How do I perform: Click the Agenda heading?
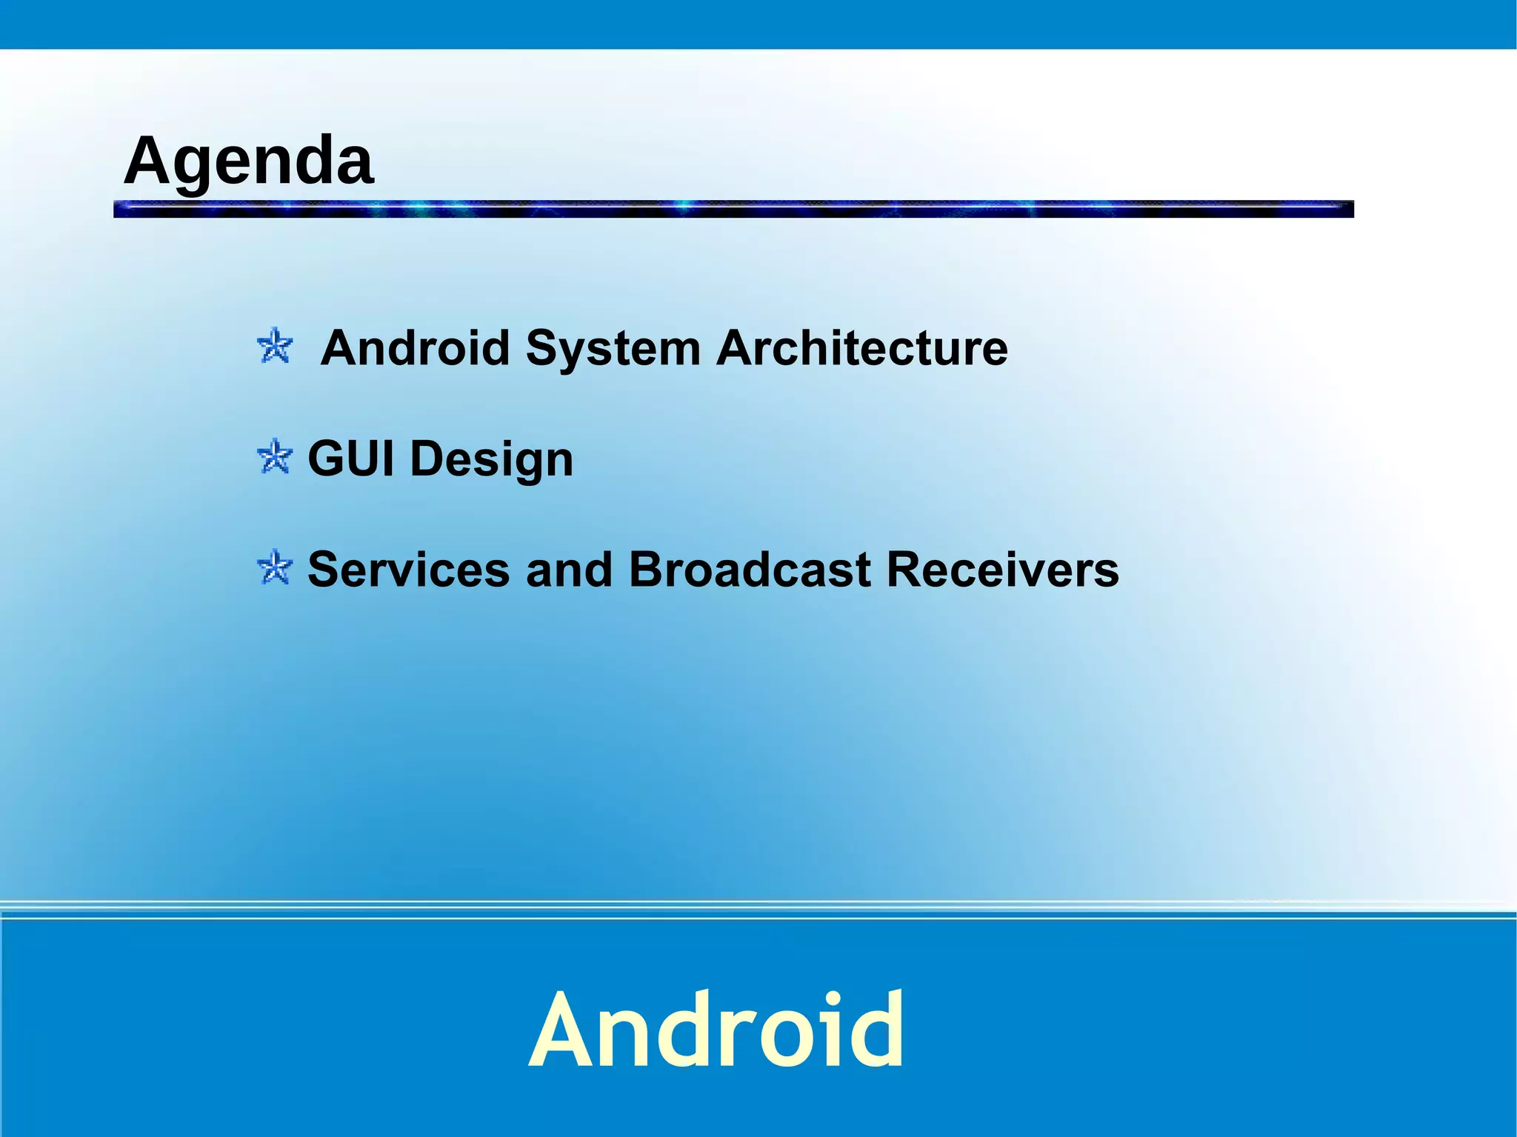click(x=248, y=161)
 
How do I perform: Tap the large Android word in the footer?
click(x=716, y=1030)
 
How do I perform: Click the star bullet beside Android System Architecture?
click(x=275, y=346)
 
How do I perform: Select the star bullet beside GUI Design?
click(x=275, y=456)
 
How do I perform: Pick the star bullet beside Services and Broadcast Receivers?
click(x=275, y=567)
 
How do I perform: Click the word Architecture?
click(x=861, y=347)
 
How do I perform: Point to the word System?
click(x=613, y=347)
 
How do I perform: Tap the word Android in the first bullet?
click(x=416, y=347)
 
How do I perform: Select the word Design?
click(x=492, y=460)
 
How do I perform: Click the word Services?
click(x=408, y=570)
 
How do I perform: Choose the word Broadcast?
click(x=750, y=570)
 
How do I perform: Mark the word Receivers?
click(x=1002, y=570)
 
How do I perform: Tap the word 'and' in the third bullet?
click(x=569, y=570)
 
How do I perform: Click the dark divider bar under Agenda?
click(x=733, y=209)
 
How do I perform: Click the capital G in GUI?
click(x=326, y=459)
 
